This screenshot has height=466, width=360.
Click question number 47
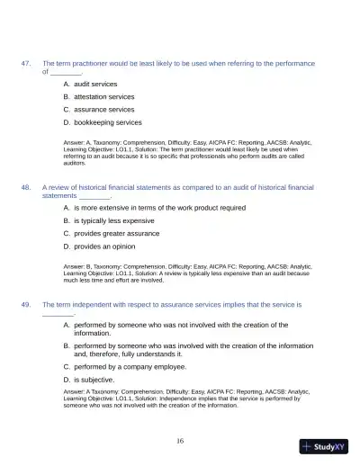pos(26,63)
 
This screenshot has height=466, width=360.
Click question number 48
pos(26,187)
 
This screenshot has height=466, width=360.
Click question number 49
pos(26,305)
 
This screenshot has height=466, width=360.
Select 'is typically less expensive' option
pos(114,220)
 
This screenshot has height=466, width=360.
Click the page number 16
pos(180,441)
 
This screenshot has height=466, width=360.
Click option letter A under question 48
pos(66,207)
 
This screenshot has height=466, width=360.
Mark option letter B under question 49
pos(66,345)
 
